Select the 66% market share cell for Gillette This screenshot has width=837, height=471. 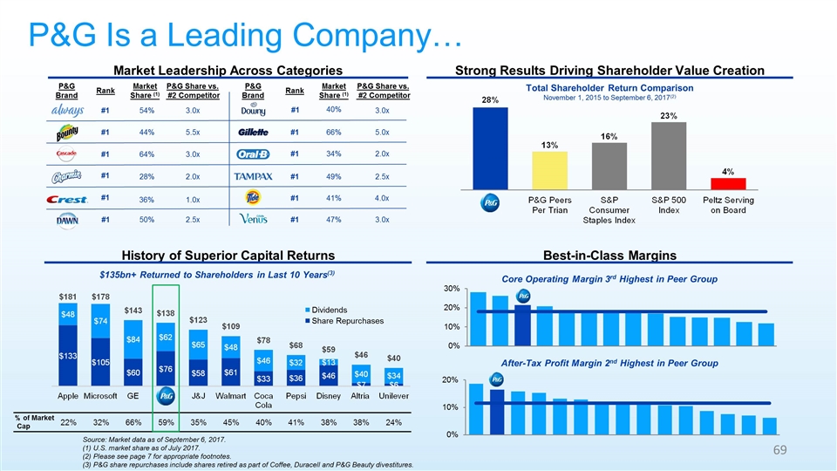pos(332,132)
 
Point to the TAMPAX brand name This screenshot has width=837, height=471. pos(255,177)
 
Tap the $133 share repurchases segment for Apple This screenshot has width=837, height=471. pos(67,356)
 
